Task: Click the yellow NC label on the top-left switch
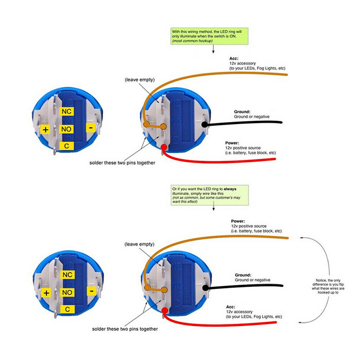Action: [x=67, y=111]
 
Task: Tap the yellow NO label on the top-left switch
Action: [x=67, y=129]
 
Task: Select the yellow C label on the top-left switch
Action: [x=67, y=146]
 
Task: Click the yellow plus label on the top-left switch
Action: [x=46, y=130]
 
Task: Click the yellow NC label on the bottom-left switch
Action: [x=67, y=274]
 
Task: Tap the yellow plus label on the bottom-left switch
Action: [x=46, y=293]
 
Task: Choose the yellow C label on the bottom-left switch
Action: [x=67, y=309]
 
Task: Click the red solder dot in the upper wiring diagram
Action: [x=164, y=147]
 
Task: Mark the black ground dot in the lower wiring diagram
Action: [x=205, y=287]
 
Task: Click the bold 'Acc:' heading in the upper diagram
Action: [x=234, y=58]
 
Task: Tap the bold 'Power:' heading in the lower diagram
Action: [x=238, y=221]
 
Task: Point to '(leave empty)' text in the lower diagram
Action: [x=139, y=244]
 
